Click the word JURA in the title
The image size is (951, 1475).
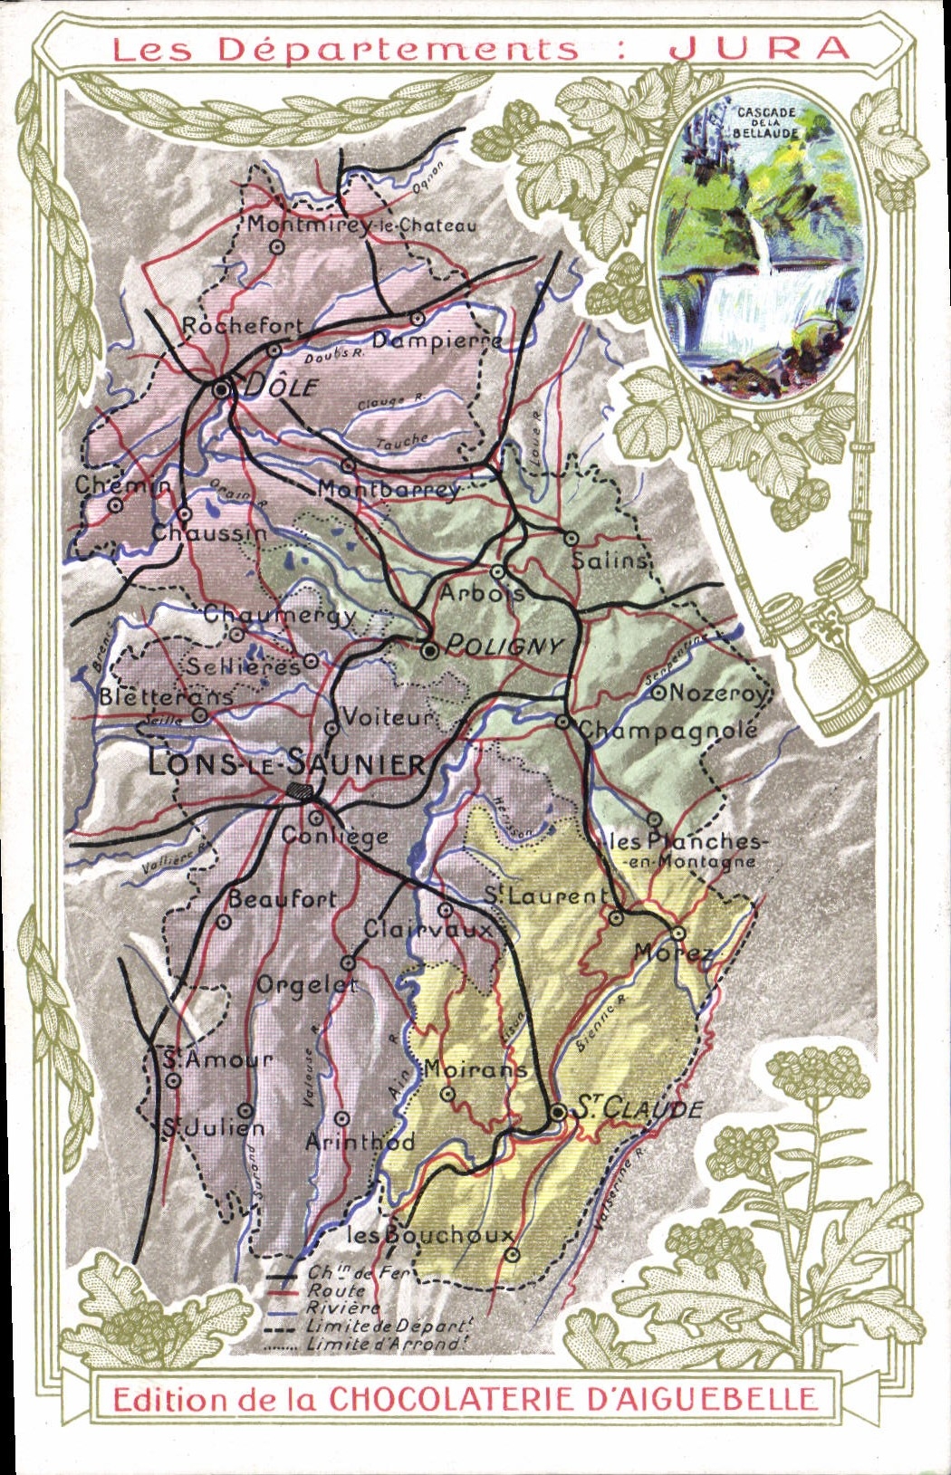tap(760, 48)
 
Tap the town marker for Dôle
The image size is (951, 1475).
tap(222, 389)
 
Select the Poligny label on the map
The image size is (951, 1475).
tap(504, 647)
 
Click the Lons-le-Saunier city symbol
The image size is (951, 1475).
tap(300, 790)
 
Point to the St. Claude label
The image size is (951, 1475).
tap(639, 1107)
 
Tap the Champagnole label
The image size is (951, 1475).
tap(668, 729)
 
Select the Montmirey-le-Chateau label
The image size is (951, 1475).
tap(361, 224)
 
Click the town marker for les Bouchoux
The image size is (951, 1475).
tap(512, 1254)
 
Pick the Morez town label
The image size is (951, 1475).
tap(674, 953)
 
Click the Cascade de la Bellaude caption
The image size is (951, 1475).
tap(766, 121)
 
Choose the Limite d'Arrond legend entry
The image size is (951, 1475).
tap(385, 1344)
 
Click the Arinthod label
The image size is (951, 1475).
tap(360, 1143)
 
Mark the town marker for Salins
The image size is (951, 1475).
tap(572, 538)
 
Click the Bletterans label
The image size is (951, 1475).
tap(165, 696)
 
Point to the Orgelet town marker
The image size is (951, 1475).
tap(348, 963)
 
